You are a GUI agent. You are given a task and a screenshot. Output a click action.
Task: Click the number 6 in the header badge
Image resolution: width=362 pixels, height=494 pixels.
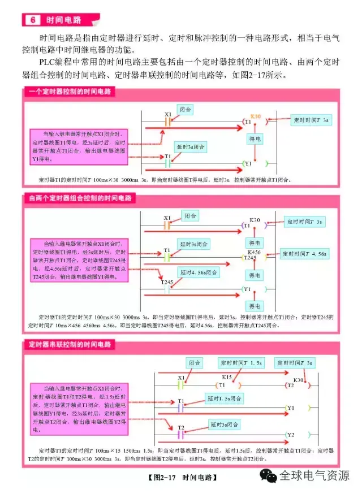[x=32, y=20]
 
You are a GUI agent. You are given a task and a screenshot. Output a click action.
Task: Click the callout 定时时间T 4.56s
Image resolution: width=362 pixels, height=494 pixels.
[x=305, y=254]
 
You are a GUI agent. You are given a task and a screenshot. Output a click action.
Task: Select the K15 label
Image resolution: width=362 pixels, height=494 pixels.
[x=227, y=376]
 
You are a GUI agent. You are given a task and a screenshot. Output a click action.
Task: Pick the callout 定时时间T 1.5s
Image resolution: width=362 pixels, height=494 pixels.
[x=239, y=362]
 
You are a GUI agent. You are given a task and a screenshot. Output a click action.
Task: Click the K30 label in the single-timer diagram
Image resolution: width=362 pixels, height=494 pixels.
[x=256, y=115]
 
